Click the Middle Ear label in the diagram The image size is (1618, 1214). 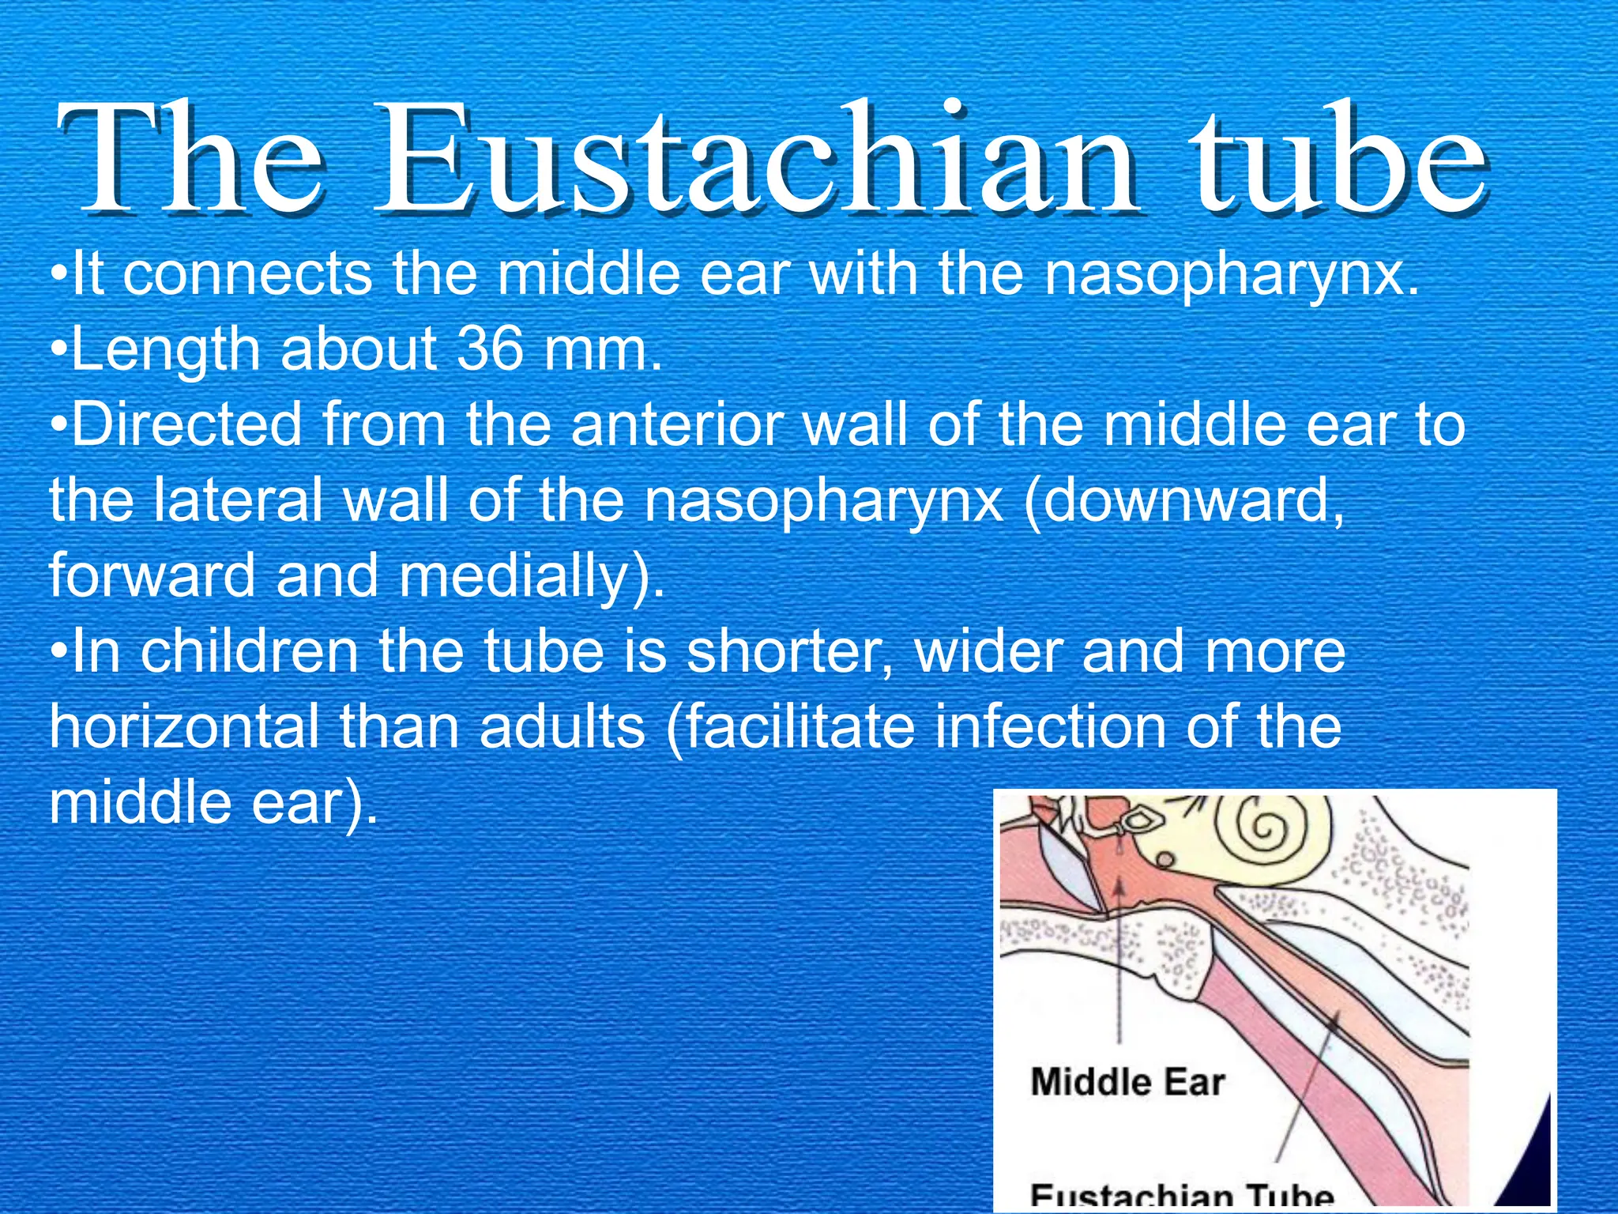coord(1127,1082)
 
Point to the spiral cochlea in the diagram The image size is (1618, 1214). coord(1262,830)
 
